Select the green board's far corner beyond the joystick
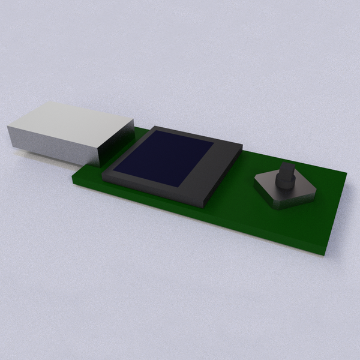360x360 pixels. tap(346, 174)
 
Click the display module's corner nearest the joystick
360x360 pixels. tap(241, 146)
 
